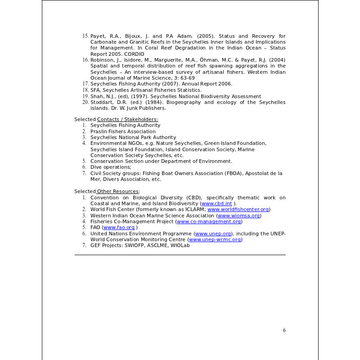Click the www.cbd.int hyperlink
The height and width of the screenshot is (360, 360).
click(x=216, y=203)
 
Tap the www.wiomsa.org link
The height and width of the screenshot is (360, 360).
click(x=238, y=216)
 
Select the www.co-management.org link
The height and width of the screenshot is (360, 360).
click(x=209, y=221)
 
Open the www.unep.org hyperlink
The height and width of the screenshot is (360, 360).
click(x=213, y=234)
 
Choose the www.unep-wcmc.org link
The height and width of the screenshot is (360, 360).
click(x=215, y=239)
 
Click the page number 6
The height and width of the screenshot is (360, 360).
click(x=284, y=330)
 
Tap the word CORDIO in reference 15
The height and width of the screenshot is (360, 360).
click(x=135, y=54)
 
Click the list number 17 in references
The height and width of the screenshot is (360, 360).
click(x=85, y=84)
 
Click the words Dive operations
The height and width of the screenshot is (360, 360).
click(x=110, y=167)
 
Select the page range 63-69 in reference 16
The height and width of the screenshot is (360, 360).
click(x=188, y=78)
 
